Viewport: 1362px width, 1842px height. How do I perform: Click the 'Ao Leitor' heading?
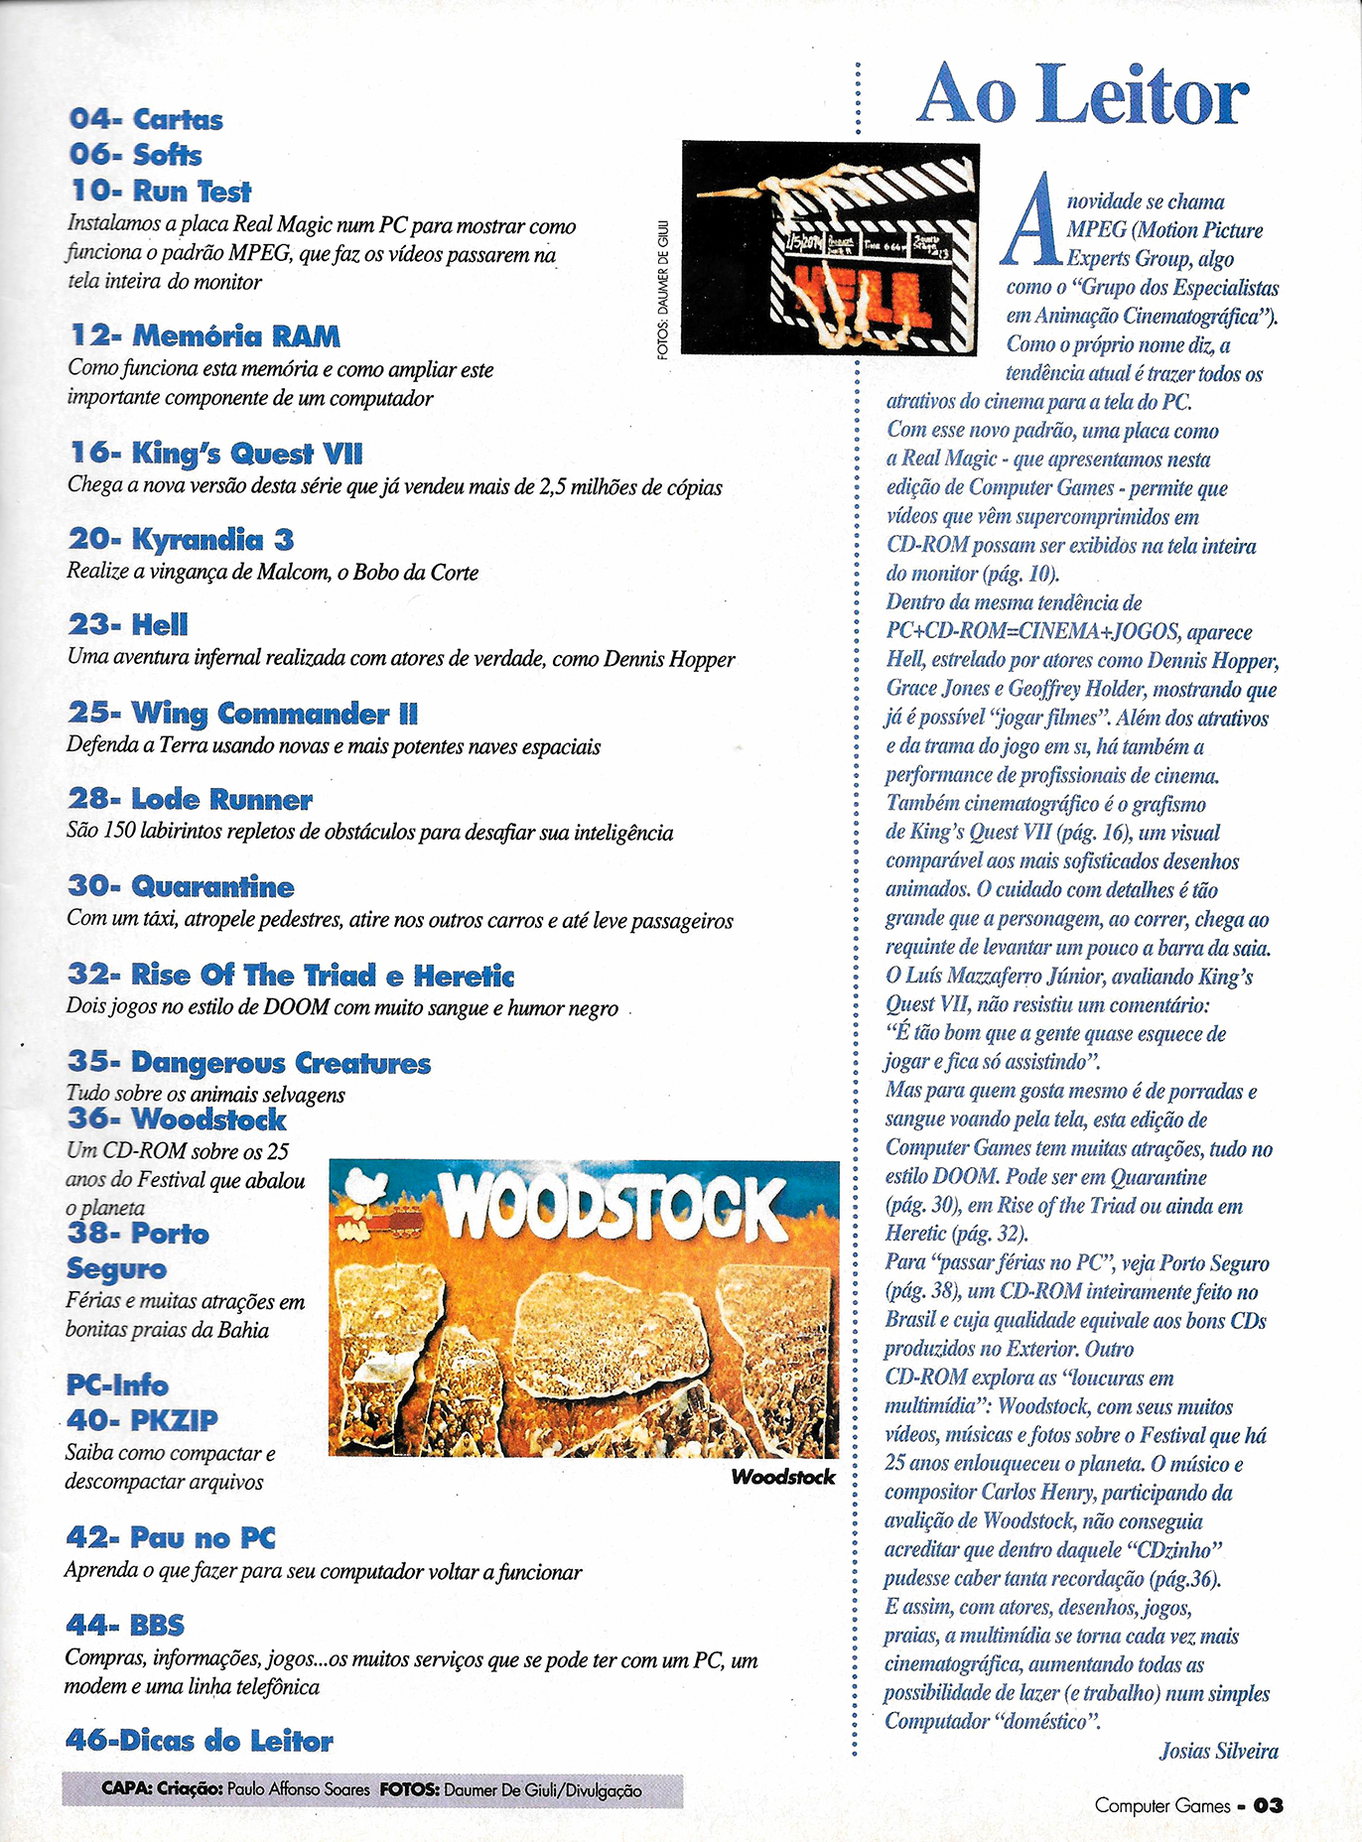pos(1081,95)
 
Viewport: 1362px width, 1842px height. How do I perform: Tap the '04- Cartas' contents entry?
pos(146,120)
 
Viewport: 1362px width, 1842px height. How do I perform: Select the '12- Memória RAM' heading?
pos(204,336)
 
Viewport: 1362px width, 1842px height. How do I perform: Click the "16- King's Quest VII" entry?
pos(215,454)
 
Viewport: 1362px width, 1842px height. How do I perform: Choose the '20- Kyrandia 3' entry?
pos(181,540)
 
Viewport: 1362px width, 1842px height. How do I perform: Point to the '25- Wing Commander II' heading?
pos(243,714)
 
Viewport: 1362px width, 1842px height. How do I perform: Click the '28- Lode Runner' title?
pos(190,800)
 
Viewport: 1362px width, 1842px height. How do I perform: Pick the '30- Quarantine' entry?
pos(181,886)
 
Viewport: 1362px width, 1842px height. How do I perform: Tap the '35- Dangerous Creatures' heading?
pos(248,1063)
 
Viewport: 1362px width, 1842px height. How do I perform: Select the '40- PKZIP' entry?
pos(141,1420)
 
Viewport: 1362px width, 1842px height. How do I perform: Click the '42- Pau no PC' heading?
pos(170,1538)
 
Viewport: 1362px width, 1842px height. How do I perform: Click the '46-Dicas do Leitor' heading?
pos(199,1741)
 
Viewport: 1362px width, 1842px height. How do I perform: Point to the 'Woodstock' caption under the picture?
pos(782,1477)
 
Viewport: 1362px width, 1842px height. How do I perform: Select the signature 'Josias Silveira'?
pos(1218,1751)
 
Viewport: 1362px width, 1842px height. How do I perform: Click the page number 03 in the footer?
pos(1268,1805)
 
